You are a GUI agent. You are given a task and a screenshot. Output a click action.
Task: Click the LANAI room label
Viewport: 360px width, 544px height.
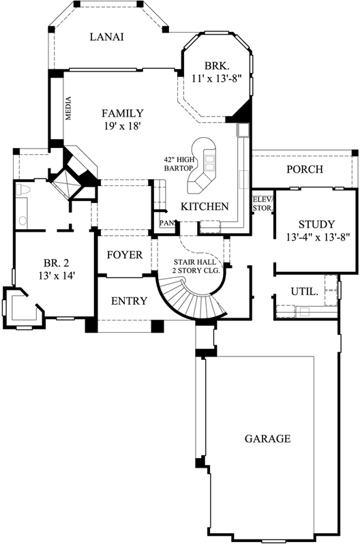pos(106,37)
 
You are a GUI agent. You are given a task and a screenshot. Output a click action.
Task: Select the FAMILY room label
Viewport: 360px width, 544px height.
pos(122,113)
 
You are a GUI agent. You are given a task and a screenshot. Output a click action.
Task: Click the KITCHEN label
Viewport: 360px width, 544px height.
pos(204,206)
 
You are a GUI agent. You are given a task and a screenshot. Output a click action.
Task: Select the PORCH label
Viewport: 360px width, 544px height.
pos(304,169)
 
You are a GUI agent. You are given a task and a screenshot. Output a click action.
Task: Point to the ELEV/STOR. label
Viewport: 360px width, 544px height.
pos(262,203)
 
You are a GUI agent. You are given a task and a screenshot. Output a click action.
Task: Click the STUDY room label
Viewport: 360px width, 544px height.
pos(316,224)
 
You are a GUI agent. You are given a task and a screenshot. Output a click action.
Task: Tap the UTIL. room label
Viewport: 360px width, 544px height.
pos(304,291)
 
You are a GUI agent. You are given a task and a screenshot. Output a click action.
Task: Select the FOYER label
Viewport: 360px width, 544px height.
pos(125,255)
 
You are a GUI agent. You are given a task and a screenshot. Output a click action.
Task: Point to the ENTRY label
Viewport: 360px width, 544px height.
pos(128,301)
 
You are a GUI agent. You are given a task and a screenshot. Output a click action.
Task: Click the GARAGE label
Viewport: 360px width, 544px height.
pos(267,438)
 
